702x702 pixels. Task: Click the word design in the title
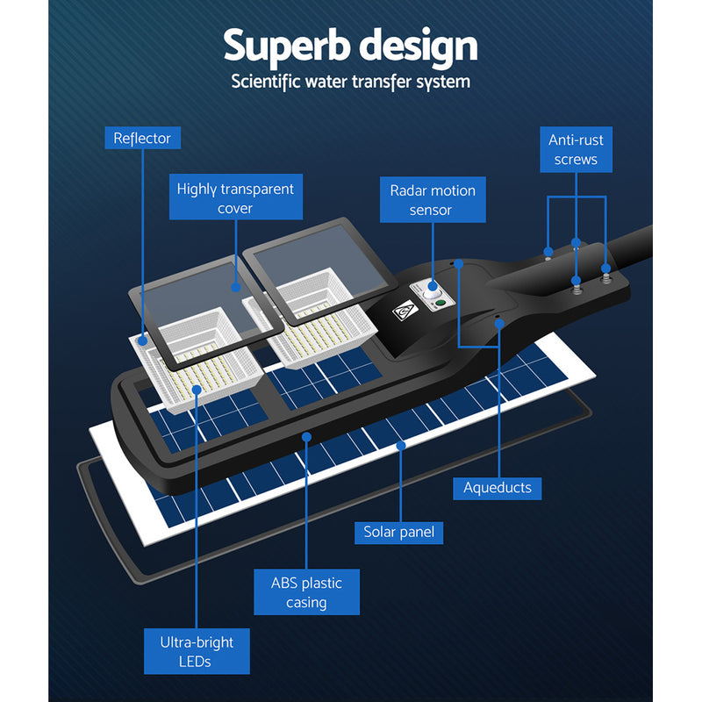pos(417,46)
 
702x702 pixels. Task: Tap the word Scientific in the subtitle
pos(269,82)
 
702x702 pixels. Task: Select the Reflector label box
pos(142,138)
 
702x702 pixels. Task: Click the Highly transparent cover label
pos(235,197)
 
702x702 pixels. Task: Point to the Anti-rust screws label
pos(576,150)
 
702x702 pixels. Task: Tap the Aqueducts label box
pos(498,487)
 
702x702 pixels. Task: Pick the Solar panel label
pos(399,532)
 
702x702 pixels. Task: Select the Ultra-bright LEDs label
pos(197,652)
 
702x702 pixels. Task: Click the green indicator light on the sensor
pos(441,304)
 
